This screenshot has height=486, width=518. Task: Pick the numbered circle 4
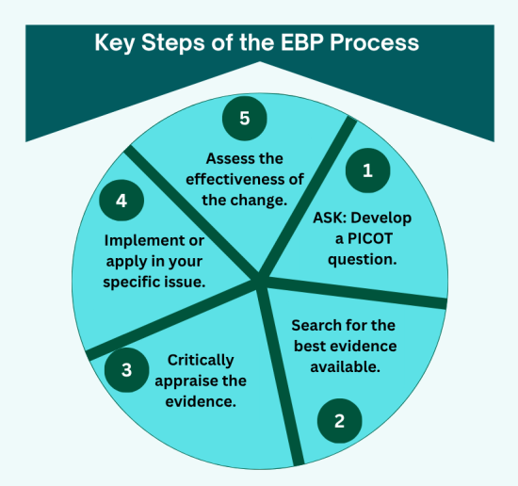122,200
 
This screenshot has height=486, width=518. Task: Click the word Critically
201,361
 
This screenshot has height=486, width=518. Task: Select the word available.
345,365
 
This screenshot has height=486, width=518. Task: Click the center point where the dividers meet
261,279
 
